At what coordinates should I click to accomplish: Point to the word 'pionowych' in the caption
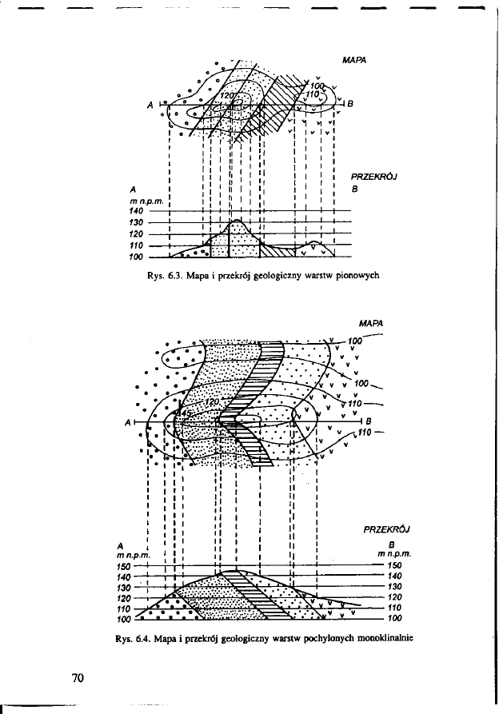pyautogui.click(x=353, y=274)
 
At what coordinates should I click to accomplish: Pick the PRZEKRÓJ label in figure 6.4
pyautogui.click(x=386, y=529)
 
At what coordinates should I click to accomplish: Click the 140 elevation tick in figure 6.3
pyautogui.click(x=136, y=210)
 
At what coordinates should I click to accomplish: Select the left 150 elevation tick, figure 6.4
pyautogui.click(x=124, y=566)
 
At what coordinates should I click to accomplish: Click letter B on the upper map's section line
pyautogui.click(x=349, y=102)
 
